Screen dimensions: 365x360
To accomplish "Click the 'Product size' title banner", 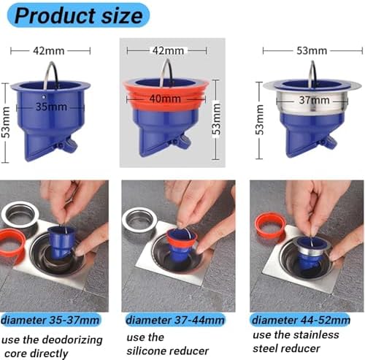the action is (x=78, y=15).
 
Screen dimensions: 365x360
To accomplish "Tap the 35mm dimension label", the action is (x=51, y=107).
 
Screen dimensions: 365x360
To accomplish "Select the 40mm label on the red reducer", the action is (x=165, y=99).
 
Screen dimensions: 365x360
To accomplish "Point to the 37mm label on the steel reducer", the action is (x=314, y=100).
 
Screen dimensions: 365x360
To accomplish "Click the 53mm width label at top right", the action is (x=312, y=50).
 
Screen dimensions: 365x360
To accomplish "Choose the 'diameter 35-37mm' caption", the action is (x=50, y=320).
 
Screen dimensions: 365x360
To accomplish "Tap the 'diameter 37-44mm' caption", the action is (x=175, y=320).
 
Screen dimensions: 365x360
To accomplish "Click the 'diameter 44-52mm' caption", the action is (x=301, y=320).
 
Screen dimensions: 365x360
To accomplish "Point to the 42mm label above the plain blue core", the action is (x=49, y=50).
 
